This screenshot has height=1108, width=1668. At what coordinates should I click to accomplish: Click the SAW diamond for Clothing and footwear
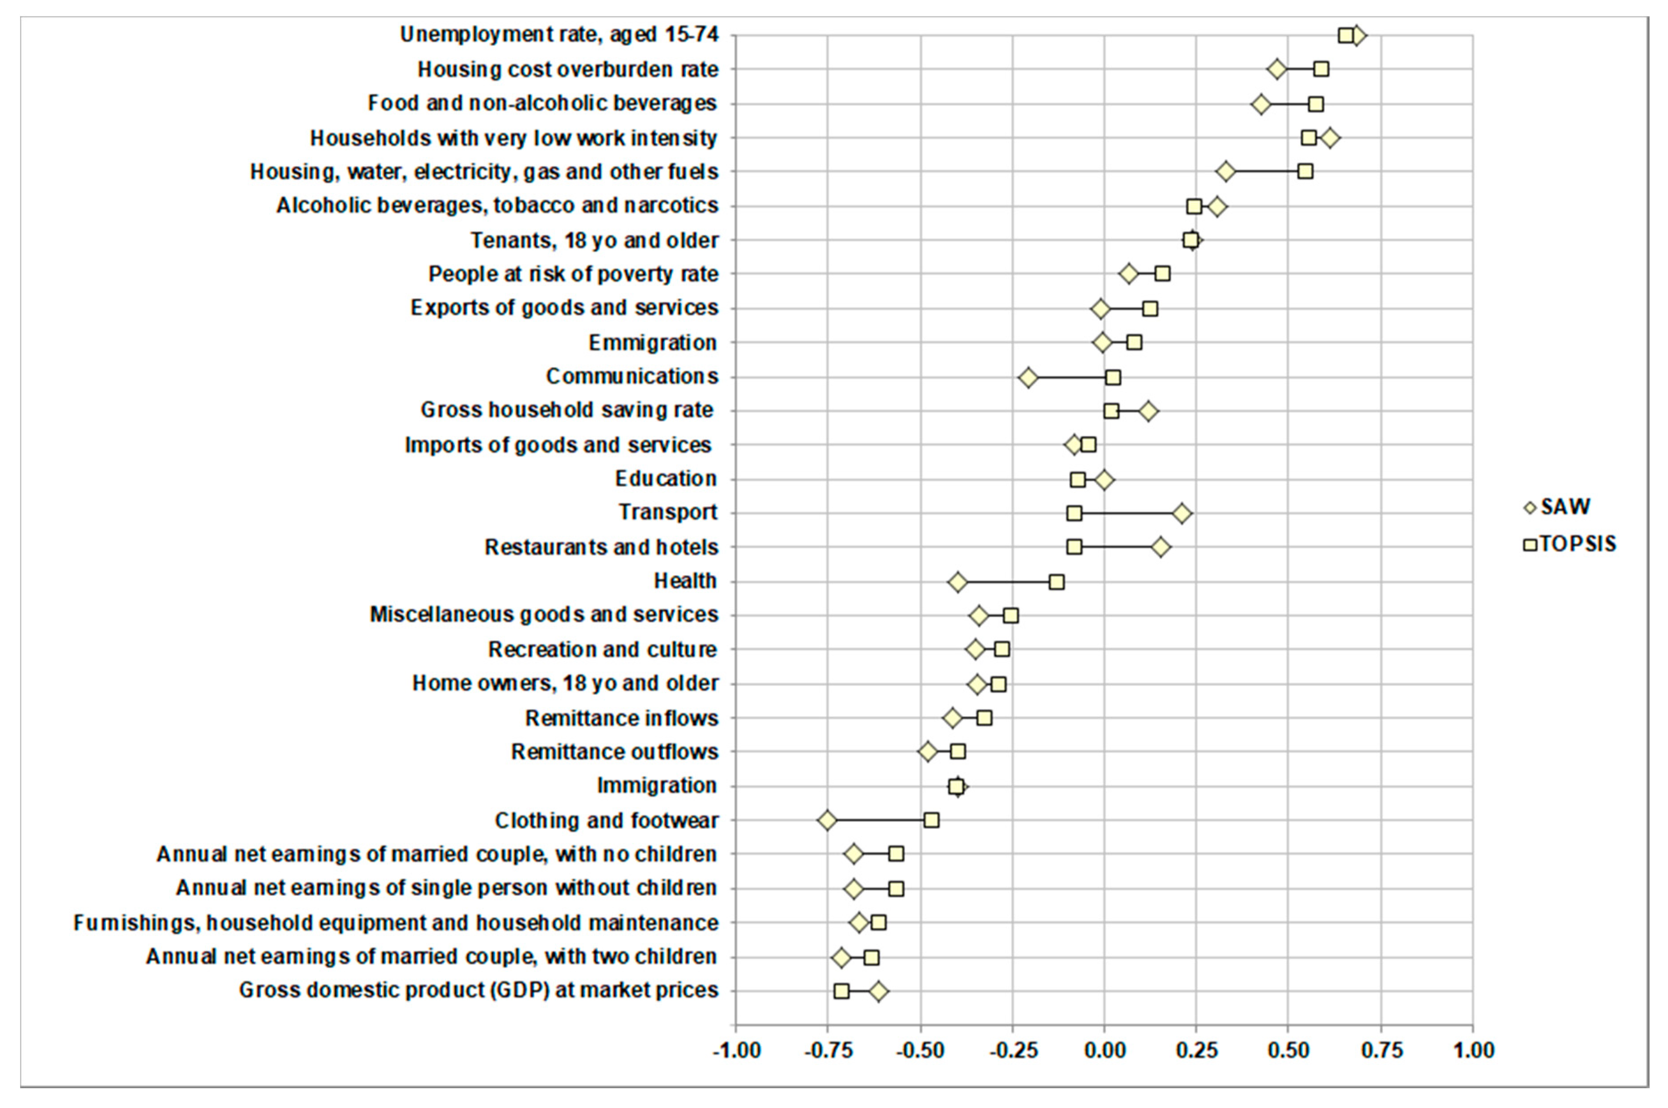point(827,821)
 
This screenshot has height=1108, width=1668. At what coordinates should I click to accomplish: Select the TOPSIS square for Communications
point(1113,377)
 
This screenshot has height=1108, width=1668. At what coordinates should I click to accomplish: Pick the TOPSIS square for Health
point(1056,582)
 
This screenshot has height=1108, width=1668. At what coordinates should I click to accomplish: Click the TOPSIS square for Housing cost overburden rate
point(1320,69)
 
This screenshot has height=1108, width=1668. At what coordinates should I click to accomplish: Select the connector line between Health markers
point(1007,582)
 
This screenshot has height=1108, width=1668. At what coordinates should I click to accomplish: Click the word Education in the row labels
point(666,479)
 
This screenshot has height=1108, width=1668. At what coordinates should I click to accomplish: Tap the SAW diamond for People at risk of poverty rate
point(1128,274)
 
